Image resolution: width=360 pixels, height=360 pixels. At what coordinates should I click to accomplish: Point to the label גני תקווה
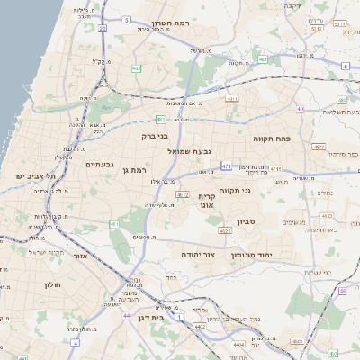(234, 190)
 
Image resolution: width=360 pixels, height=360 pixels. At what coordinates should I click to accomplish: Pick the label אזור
(78, 256)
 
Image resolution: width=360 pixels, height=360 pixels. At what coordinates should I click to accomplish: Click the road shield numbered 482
(135, 68)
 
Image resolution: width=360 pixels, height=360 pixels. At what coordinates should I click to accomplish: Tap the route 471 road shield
(225, 166)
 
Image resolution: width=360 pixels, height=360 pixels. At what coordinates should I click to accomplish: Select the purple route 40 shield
(301, 109)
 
